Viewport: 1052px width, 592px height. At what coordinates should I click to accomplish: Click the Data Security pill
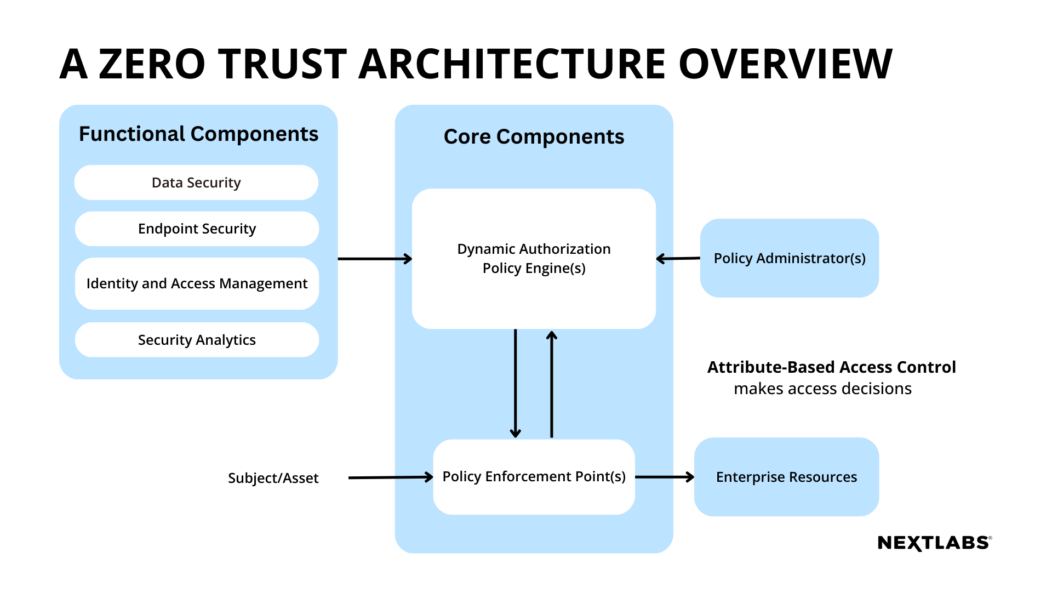pos(196,183)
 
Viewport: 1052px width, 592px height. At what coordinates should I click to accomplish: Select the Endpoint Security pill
pos(197,229)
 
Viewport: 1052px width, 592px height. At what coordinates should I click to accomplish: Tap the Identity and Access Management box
pos(197,283)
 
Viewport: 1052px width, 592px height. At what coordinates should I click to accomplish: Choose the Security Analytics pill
pos(197,340)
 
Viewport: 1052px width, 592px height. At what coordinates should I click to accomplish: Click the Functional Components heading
pos(198,134)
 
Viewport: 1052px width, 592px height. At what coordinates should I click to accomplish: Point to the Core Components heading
pos(534,136)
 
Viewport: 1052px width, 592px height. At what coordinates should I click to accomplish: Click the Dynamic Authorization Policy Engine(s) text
pos(534,258)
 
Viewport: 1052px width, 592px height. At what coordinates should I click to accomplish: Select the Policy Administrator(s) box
pos(789,258)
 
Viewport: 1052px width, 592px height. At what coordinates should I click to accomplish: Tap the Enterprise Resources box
pos(786,477)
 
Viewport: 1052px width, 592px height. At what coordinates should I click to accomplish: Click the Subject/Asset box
pos(273,478)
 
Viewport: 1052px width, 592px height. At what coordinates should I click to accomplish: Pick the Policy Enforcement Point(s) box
pos(534,476)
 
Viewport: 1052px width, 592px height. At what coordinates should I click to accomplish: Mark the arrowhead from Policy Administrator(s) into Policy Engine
pos(660,259)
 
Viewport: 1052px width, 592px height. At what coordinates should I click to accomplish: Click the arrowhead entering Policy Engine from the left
pos(408,259)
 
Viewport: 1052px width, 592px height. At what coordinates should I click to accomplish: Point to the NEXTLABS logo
pos(934,543)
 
